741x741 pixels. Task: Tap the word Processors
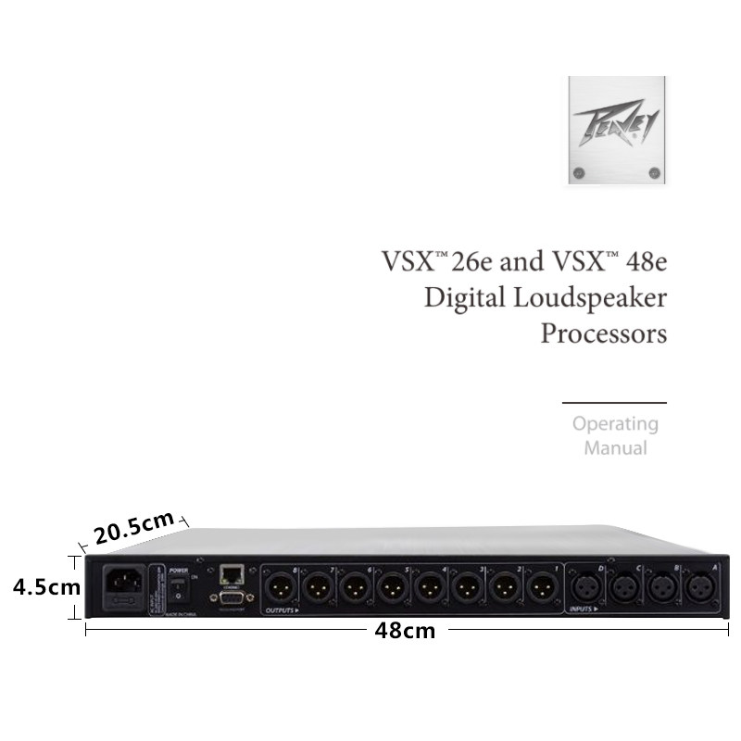(x=603, y=333)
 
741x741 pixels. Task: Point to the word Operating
(x=614, y=424)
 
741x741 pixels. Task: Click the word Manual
(x=614, y=448)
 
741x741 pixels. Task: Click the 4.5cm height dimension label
(x=38, y=587)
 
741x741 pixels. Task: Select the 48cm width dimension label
(x=405, y=632)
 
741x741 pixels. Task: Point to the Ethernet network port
(x=232, y=573)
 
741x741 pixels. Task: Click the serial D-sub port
(x=232, y=600)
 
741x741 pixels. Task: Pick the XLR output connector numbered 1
(x=539, y=587)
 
